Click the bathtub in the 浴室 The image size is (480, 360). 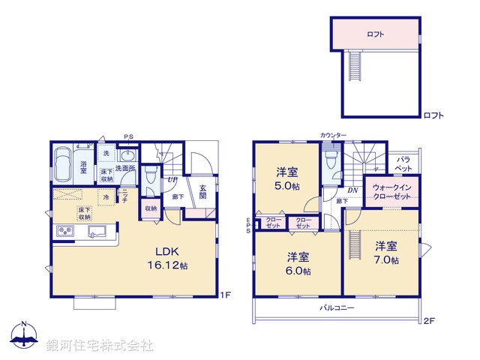[62, 161]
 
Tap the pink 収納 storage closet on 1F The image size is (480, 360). [151, 209]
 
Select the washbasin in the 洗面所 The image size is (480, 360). [126, 156]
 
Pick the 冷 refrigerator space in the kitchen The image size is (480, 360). [106, 197]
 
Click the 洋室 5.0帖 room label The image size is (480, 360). [287, 178]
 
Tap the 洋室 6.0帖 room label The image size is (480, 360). [298, 263]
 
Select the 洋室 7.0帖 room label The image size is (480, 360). [386, 252]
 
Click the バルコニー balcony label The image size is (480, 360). [337, 307]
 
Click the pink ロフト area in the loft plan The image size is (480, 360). [376, 34]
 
